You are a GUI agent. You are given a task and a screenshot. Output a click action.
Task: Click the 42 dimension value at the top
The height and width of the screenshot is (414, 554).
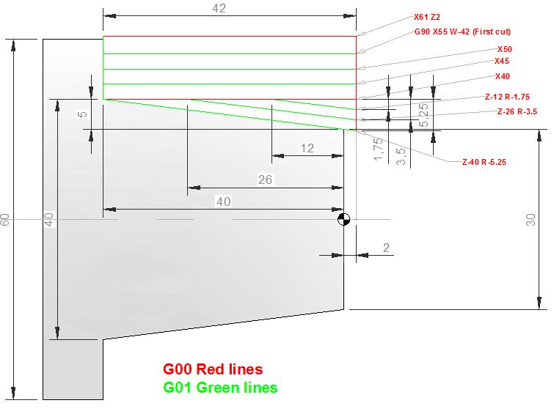coord(219,9)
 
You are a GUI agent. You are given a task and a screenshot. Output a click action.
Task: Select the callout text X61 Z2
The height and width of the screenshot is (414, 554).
coord(427,17)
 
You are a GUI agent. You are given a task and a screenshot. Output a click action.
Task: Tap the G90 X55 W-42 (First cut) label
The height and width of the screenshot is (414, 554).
coord(462,32)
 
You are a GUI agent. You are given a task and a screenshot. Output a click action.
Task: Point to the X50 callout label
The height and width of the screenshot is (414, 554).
coord(505,49)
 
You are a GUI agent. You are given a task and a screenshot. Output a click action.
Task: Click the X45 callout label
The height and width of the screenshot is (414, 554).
coord(502,61)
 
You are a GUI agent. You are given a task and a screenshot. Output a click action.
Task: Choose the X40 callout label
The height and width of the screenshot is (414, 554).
coord(503,76)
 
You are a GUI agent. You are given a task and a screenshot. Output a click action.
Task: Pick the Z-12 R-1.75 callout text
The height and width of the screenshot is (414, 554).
coord(507,97)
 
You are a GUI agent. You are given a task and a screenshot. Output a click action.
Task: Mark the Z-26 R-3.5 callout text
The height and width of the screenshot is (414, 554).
coord(517,111)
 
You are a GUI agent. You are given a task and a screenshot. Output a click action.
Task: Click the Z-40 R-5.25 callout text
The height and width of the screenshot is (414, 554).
coord(484,162)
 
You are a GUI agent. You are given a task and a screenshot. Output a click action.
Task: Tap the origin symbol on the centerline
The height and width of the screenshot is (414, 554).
coord(344,219)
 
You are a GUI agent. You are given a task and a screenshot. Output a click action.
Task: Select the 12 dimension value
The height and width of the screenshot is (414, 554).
coord(307,148)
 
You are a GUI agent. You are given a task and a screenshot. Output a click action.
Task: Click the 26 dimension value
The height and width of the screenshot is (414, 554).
coord(265,180)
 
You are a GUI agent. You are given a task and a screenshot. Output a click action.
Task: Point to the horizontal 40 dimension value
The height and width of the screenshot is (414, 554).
coord(224,202)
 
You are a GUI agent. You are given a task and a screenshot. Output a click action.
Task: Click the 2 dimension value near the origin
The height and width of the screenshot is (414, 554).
coord(386,248)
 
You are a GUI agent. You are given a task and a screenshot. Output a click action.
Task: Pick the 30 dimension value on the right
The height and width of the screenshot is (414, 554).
coord(531,220)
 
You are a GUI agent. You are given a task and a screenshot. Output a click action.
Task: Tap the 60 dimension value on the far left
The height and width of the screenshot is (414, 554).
coord(5,220)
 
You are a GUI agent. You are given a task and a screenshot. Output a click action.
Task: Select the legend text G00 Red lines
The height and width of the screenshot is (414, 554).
coord(213,369)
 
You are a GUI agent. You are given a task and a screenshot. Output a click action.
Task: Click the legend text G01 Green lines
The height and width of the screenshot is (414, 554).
coord(220,388)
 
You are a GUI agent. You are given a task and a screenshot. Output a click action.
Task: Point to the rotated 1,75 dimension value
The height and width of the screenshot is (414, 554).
coord(378,149)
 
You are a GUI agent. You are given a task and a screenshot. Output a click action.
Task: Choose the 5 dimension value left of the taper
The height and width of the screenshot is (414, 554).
coord(83,114)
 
